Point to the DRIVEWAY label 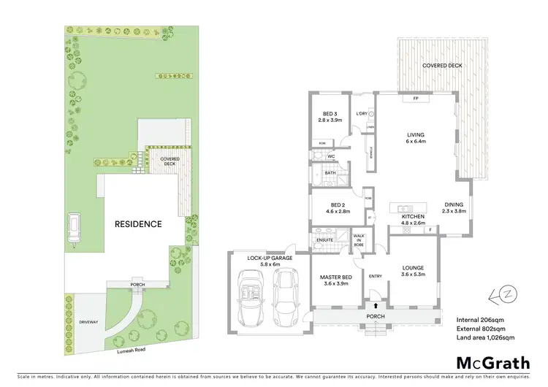pyautogui.click(x=88, y=321)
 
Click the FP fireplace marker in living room pyautogui.click(x=415, y=98)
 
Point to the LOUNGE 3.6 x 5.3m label pyautogui.click(x=413, y=272)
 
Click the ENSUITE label pyautogui.click(x=324, y=239)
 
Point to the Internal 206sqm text pyautogui.click(x=479, y=319)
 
